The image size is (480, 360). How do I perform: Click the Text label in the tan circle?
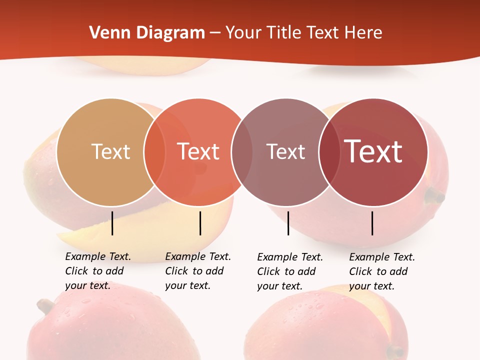point(110,151)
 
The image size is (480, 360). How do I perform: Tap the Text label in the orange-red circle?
point(198,151)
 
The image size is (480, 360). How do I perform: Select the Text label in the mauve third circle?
point(285,151)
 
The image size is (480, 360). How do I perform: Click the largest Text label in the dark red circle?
point(373,151)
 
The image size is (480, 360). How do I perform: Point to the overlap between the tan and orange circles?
point(154,152)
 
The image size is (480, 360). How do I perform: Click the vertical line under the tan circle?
point(112,223)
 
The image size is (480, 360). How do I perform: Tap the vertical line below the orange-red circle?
point(200,223)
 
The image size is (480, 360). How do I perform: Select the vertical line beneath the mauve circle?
point(288,223)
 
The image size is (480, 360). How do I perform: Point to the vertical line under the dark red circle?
point(372,223)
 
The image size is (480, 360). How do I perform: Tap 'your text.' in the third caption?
point(280,286)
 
